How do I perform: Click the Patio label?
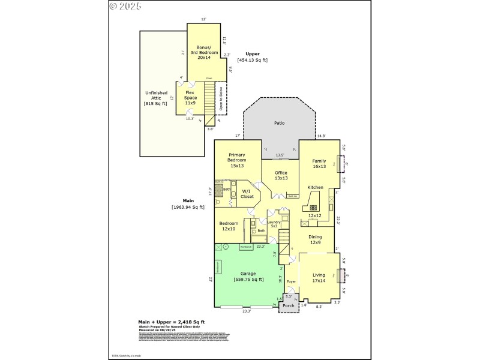[279, 123]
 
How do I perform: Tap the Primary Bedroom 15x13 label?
[236, 160]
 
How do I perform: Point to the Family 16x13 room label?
[319, 164]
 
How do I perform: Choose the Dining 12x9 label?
[315, 240]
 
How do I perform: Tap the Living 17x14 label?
[319, 278]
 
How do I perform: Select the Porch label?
[289, 305]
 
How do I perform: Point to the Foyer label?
[291, 281]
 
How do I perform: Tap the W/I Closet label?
[247, 193]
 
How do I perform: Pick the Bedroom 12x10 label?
[229, 226]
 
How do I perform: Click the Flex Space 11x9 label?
[190, 98]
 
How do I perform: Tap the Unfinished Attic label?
[154, 98]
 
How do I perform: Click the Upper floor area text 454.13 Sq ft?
[253, 60]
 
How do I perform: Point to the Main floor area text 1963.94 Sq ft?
[188, 207]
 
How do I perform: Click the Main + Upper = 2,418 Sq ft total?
[172, 323]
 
